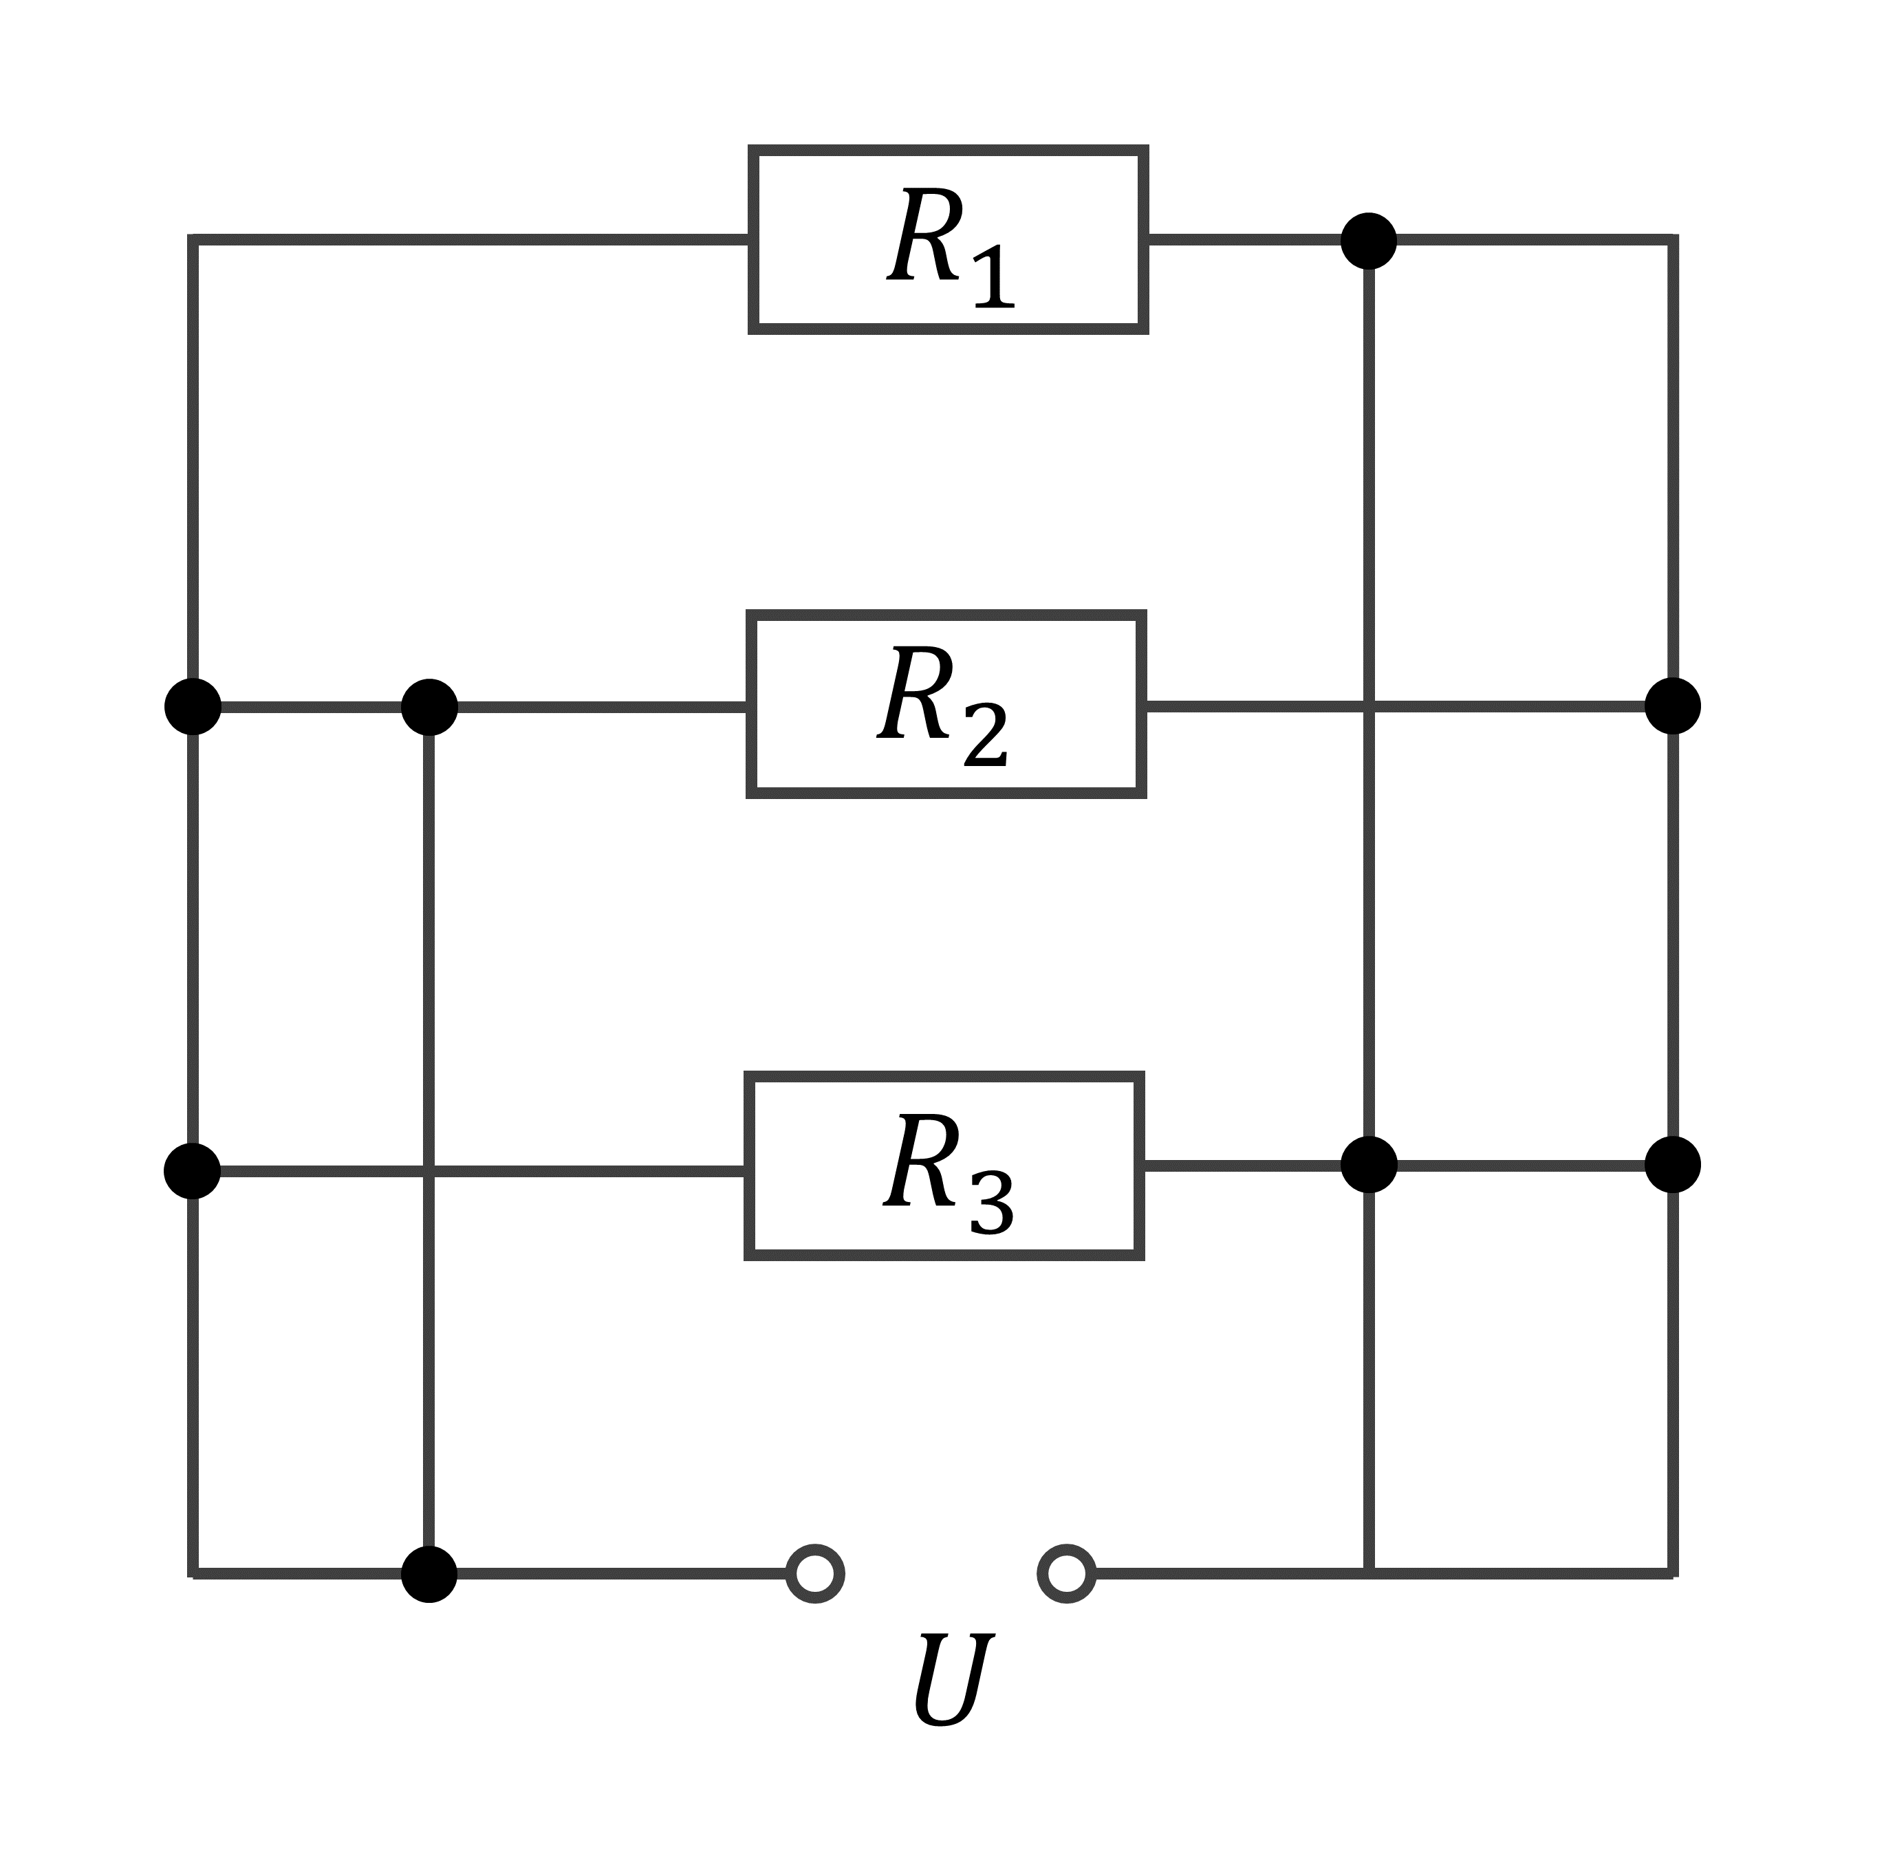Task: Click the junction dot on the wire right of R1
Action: [1368, 240]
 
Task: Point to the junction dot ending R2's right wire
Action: [1672, 706]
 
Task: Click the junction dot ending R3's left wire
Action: [192, 1171]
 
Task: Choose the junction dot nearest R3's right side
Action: [1368, 1165]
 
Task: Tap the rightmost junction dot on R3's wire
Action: [1672, 1165]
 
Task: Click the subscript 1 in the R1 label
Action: [994, 276]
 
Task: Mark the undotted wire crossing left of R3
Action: [429, 1171]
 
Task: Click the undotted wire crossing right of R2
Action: [1368, 706]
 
